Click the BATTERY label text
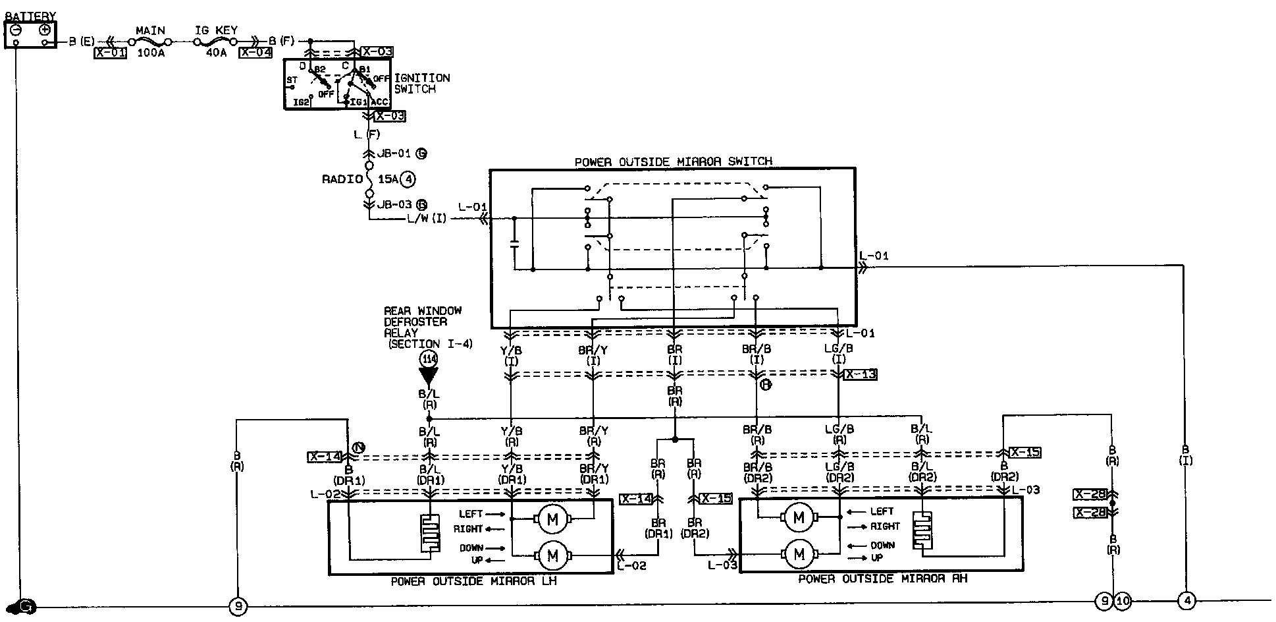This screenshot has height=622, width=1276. pyautogui.click(x=30, y=16)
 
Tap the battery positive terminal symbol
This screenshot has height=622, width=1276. pyautogui.click(x=45, y=30)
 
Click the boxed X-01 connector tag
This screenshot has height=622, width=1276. pyautogui.click(x=110, y=53)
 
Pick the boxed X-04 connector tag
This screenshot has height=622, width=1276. pyautogui.click(x=255, y=53)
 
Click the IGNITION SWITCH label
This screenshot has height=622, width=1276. pyautogui.click(x=421, y=83)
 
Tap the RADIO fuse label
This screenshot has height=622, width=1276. pyautogui.click(x=342, y=179)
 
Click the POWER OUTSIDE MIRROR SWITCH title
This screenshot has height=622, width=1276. pyautogui.click(x=673, y=161)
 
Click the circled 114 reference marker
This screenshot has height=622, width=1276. pyautogui.click(x=429, y=359)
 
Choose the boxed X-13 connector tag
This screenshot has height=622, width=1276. pyautogui.click(x=861, y=374)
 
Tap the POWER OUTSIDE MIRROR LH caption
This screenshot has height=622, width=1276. pyautogui.click(x=473, y=582)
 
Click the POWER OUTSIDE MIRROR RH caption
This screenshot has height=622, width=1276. pyautogui.click(x=882, y=579)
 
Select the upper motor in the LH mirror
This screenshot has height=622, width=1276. pyautogui.click(x=552, y=520)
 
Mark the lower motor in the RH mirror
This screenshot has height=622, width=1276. pyautogui.click(x=799, y=554)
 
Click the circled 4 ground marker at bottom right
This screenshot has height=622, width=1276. pyautogui.click(x=1187, y=601)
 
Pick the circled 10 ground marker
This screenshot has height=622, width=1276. pyautogui.click(x=1123, y=601)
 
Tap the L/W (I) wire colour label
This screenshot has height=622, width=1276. pyautogui.click(x=427, y=219)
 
